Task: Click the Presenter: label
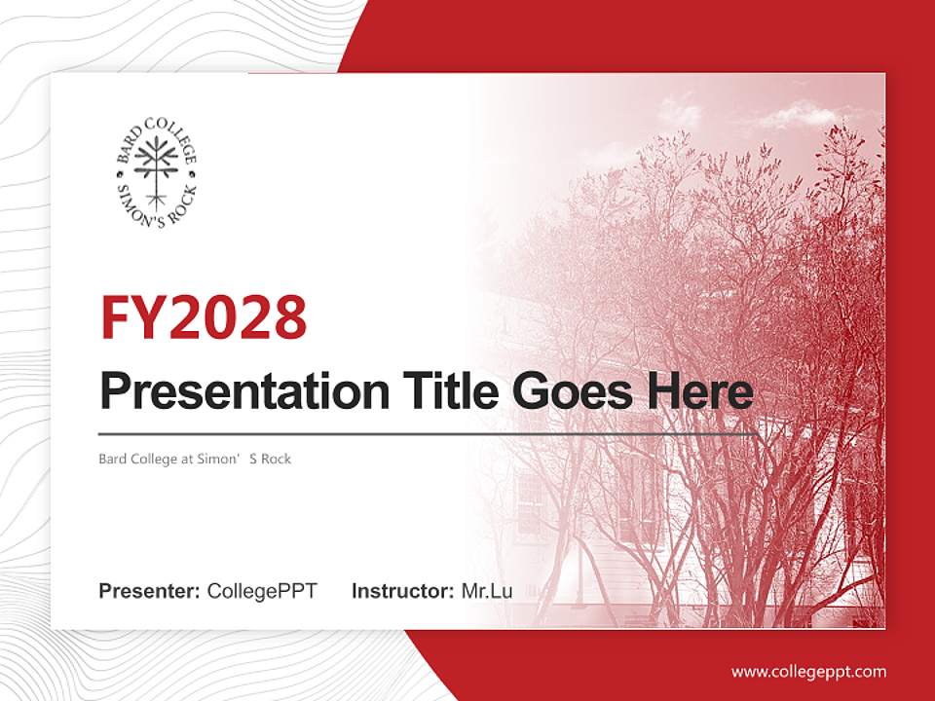coord(150,590)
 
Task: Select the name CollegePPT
coord(262,590)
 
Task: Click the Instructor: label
coord(402,590)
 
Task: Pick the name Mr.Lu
coord(486,590)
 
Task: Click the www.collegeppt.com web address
coord(808,671)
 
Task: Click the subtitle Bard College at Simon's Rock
coord(195,459)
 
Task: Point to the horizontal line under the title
coord(429,433)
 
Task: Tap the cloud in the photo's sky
coord(784,117)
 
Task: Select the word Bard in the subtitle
coord(112,459)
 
